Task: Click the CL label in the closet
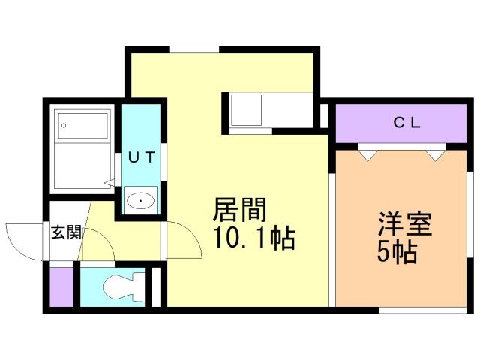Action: pos(406,123)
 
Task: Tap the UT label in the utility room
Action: pos(142,157)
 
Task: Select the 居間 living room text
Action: pos(240,210)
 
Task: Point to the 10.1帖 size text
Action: pos(254,238)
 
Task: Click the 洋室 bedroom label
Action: pos(405,223)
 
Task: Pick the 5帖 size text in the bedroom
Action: pos(397,252)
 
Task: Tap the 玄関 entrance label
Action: pos(66,232)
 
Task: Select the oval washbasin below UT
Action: pos(140,201)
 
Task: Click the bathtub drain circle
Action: pos(64,125)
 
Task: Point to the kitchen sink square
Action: pos(246,110)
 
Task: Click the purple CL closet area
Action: pos(401,123)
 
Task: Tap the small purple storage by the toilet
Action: pos(61,286)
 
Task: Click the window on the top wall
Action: pos(194,49)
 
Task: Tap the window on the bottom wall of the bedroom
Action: pos(423,310)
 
